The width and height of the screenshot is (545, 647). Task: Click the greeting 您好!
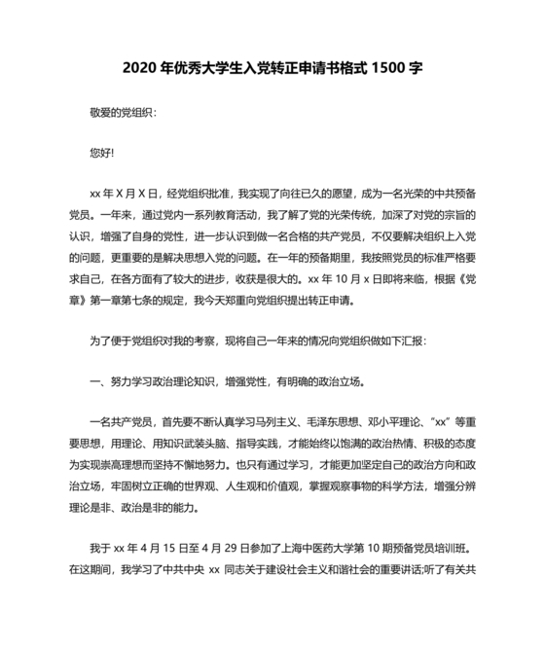pos(101,153)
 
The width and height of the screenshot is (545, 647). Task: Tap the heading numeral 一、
pos(96,381)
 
